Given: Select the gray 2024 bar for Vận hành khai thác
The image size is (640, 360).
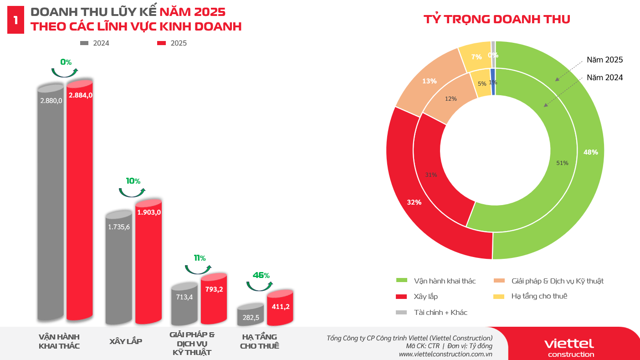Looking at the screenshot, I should (x=51, y=205).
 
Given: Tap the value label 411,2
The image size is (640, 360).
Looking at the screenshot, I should (x=281, y=307).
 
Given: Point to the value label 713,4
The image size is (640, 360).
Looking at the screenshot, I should (x=184, y=297).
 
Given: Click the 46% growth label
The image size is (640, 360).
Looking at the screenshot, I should (x=261, y=275).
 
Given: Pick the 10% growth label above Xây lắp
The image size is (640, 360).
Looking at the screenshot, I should (x=133, y=181).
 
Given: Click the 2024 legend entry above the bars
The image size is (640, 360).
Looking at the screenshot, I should (x=95, y=43).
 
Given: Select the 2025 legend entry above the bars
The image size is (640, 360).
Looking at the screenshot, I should (x=172, y=43).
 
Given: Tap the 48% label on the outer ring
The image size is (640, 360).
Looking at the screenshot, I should (x=590, y=152).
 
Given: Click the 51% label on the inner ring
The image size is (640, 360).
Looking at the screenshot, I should (x=562, y=163).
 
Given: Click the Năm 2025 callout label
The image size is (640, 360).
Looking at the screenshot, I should (x=604, y=60).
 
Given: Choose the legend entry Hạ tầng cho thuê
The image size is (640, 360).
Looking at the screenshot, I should (x=539, y=296).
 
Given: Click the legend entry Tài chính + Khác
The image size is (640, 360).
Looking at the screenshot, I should (x=440, y=312).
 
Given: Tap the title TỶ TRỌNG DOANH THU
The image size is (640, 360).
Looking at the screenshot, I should (x=497, y=19).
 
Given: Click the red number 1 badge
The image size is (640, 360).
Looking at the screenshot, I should (x=16, y=20).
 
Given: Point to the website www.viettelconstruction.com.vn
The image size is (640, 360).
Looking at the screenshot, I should (x=445, y=354).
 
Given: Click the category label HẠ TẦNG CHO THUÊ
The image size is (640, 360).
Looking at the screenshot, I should (x=260, y=341).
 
